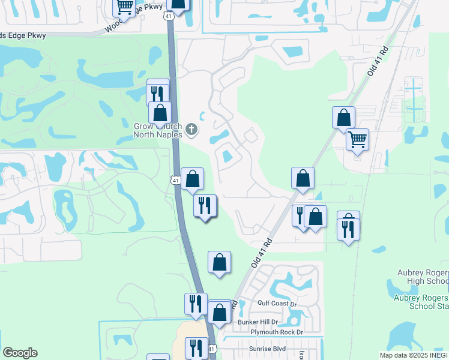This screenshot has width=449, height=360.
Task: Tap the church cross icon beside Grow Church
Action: pos(191,128)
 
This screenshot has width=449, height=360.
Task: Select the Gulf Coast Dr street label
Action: pos(277,304)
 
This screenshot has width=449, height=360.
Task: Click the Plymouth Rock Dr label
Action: pos(277,332)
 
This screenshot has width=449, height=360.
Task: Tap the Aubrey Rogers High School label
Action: pos(423,277)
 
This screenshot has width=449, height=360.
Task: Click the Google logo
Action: pos(20,353)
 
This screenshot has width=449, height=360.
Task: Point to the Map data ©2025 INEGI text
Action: pos(414,355)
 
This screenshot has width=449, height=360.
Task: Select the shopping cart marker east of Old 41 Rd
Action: pos(357,140)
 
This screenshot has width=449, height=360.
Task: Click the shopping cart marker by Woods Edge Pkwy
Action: pos(124,7)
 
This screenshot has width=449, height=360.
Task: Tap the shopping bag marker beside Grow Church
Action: pos(160,112)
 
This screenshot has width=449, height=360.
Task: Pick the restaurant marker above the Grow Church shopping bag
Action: pos(157,94)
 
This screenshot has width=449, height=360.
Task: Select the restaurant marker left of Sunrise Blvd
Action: pos(196,348)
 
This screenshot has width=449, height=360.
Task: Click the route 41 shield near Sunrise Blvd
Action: pos(211,349)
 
